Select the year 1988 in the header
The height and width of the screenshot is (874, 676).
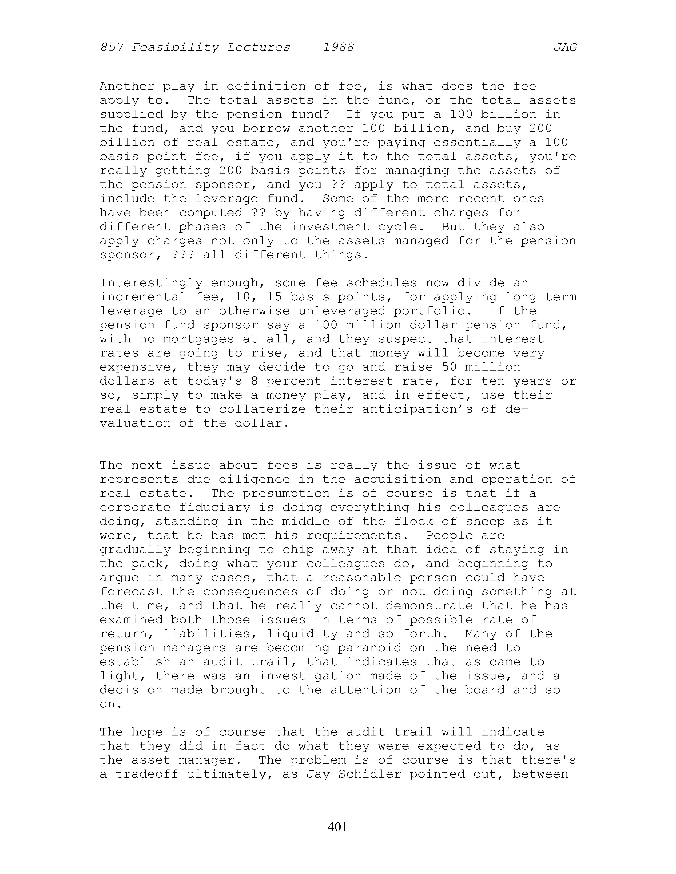(338, 48)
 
